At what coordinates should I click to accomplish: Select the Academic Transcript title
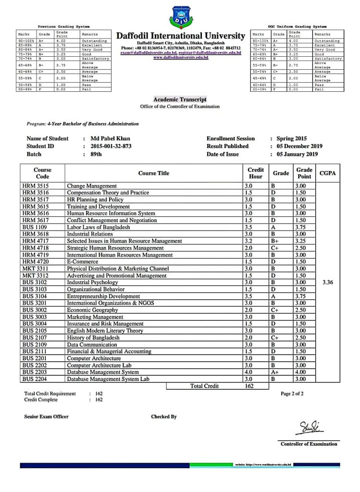coord(180,99)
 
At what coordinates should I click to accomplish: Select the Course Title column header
coord(153,173)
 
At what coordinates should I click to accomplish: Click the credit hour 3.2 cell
coord(249,241)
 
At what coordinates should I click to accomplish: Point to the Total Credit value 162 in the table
coord(249,386)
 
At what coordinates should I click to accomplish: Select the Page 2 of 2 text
coord(292,394)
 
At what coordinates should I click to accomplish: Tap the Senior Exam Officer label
coord(46,417)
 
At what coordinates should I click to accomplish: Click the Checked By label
coord(164,417)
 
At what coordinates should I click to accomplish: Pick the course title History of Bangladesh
coord(93,337)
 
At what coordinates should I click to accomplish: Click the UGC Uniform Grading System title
coord(297,26)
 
